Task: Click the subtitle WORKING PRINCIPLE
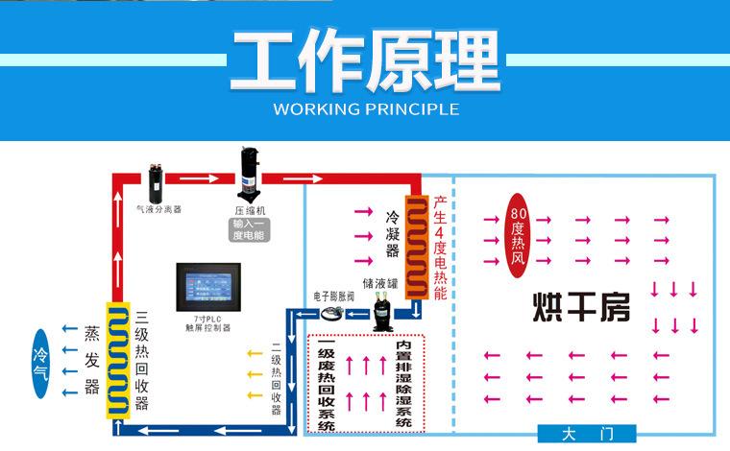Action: pos(366,108)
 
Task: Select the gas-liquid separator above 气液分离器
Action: pos(157,178)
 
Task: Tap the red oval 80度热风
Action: pos(519,237)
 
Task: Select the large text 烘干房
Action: pos(582,308)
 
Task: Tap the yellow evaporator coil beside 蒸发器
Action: pos(116,359)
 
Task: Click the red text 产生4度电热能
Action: pos(440,248)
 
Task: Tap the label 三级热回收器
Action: pos(142,359)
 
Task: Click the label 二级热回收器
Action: pos(277,378)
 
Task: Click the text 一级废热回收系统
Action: pos(326,385)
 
